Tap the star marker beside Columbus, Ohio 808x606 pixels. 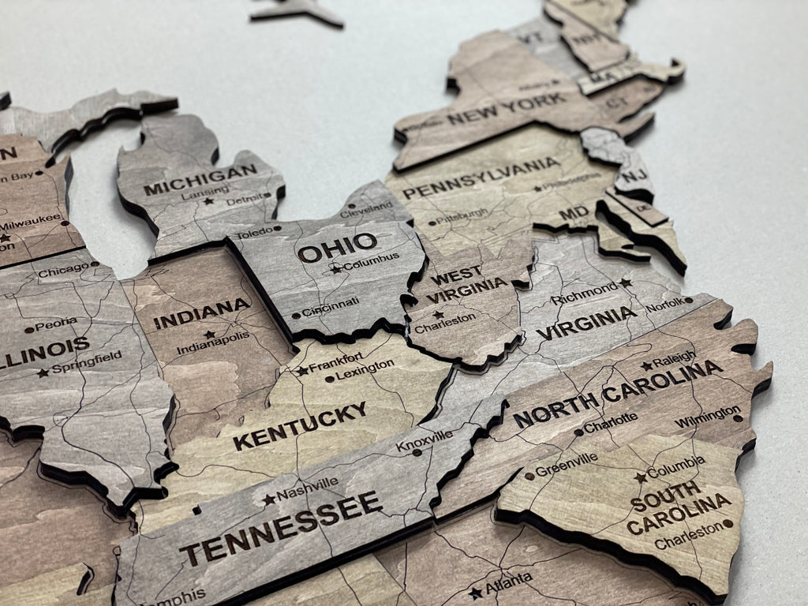click(x=337, y=269)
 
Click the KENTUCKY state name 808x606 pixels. click(x=300, y=425)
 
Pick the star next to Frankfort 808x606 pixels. click(x=302, y=370)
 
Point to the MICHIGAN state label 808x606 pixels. click(x=200, y=179)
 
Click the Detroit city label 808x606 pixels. click(x=245, y=202)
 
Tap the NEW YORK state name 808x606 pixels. click(x=506, y=110)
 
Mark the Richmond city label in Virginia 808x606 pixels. click(x=585, y=294)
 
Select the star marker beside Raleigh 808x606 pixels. click(x=647, y=365)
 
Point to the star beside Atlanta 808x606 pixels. click(x=475, y=593)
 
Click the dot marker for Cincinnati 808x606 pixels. click(x=296, y=316)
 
